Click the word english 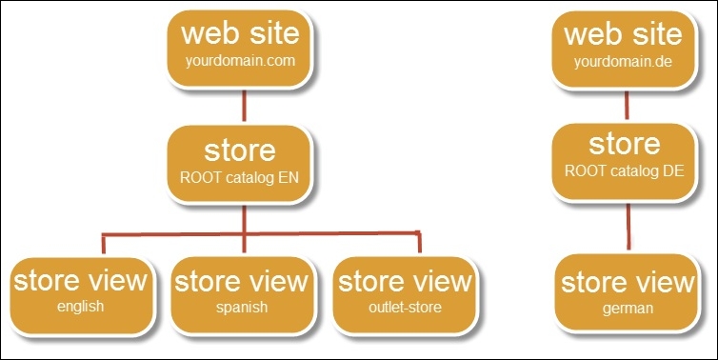[80, 307]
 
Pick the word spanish [241, 307]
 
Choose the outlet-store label [405, 307]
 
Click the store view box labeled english [80, 291]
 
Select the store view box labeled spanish [241, 291]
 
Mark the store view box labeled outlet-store [405, 291]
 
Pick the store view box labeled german [627, 293]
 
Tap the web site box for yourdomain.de [623, 47]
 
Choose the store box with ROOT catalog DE [623, 159]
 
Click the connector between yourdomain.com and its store [246, 104]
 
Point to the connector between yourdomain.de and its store [625, 102]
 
